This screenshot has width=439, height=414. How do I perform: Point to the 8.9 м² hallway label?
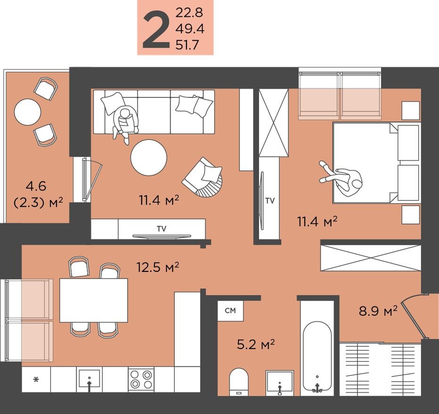(x=378, y=310)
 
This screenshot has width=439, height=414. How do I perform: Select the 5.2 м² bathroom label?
(x=255, y=345)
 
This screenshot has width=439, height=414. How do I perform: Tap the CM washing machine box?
(x=230, y=310)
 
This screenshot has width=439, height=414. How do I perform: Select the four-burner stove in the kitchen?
(x=141, y=379)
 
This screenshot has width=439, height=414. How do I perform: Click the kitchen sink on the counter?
(x=89, y=379)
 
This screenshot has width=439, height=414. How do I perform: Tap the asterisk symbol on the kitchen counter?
(x=36, y=379)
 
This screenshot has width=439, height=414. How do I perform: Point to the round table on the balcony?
(x=27, y=111)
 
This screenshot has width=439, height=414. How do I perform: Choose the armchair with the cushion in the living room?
(x=203, y=178)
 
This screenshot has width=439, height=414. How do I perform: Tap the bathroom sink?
(x=280, y=382)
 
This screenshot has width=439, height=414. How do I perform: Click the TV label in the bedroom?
(x=269, y=201)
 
